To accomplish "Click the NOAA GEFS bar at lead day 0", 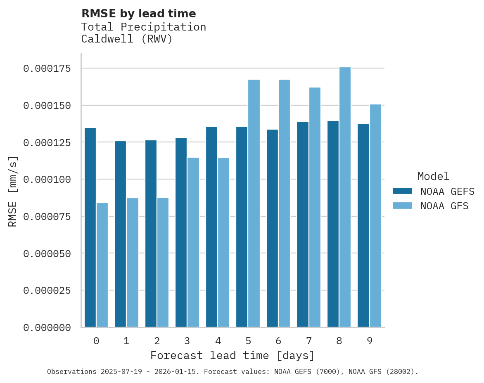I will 90,227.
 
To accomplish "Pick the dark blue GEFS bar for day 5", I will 242,227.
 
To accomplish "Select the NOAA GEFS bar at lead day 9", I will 363,225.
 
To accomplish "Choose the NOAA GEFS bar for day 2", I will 151,234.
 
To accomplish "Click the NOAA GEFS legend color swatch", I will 402,191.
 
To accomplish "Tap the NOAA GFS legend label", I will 444,206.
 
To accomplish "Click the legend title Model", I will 433,177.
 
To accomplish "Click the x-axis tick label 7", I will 308,341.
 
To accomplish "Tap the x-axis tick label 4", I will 218,341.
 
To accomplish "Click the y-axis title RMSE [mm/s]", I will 13,191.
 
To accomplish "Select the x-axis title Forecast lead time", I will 233,355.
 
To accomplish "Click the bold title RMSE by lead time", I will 138,14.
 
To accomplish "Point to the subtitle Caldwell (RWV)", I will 126,39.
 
